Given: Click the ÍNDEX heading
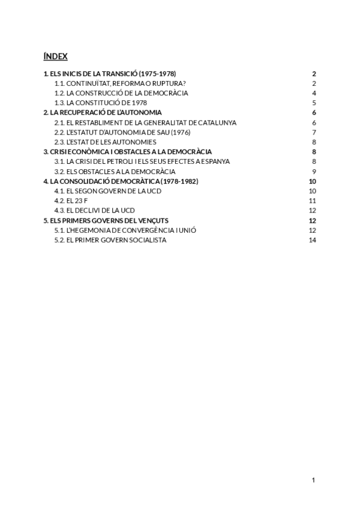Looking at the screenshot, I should pyautogui.click(x=55, y=56).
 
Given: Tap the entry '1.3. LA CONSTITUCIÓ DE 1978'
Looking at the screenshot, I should pyautogui.click(x=101, y=103).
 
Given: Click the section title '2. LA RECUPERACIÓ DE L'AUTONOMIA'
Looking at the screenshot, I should pyautogui.click(x=103, y=113).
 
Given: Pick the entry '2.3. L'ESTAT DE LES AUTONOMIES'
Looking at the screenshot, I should pyautogui.click(x=105, y=142).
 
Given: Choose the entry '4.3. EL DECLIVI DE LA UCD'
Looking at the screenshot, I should pyautogui.click(x=94, y=210).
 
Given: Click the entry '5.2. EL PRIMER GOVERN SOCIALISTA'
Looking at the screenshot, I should pyautogui.click(x=110, y=239).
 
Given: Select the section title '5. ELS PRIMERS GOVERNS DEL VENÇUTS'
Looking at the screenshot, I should pyautogui.click(x=106, y=220).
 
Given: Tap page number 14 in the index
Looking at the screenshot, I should pyautogui.click(x=312, y=239).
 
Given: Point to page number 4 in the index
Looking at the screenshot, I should pyautogui.click(x=314, y=93).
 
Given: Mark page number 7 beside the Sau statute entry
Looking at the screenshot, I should pyautogui.click(x=314, y=132).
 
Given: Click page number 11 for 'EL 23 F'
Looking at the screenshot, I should pyautogui.click(x=312, y=200).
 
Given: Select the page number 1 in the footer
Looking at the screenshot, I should pyautogui.click(x=313, y=480).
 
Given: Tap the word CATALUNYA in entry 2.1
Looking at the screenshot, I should pyautogui.click(x=215, y=122).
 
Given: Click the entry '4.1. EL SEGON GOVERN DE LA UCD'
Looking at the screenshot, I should pyautogui.click(x=108, y=191).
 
